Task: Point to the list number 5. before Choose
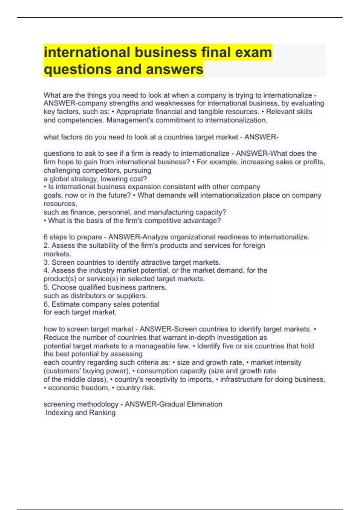[x=46, y=287]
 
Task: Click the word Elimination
[x=205, y=404]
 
